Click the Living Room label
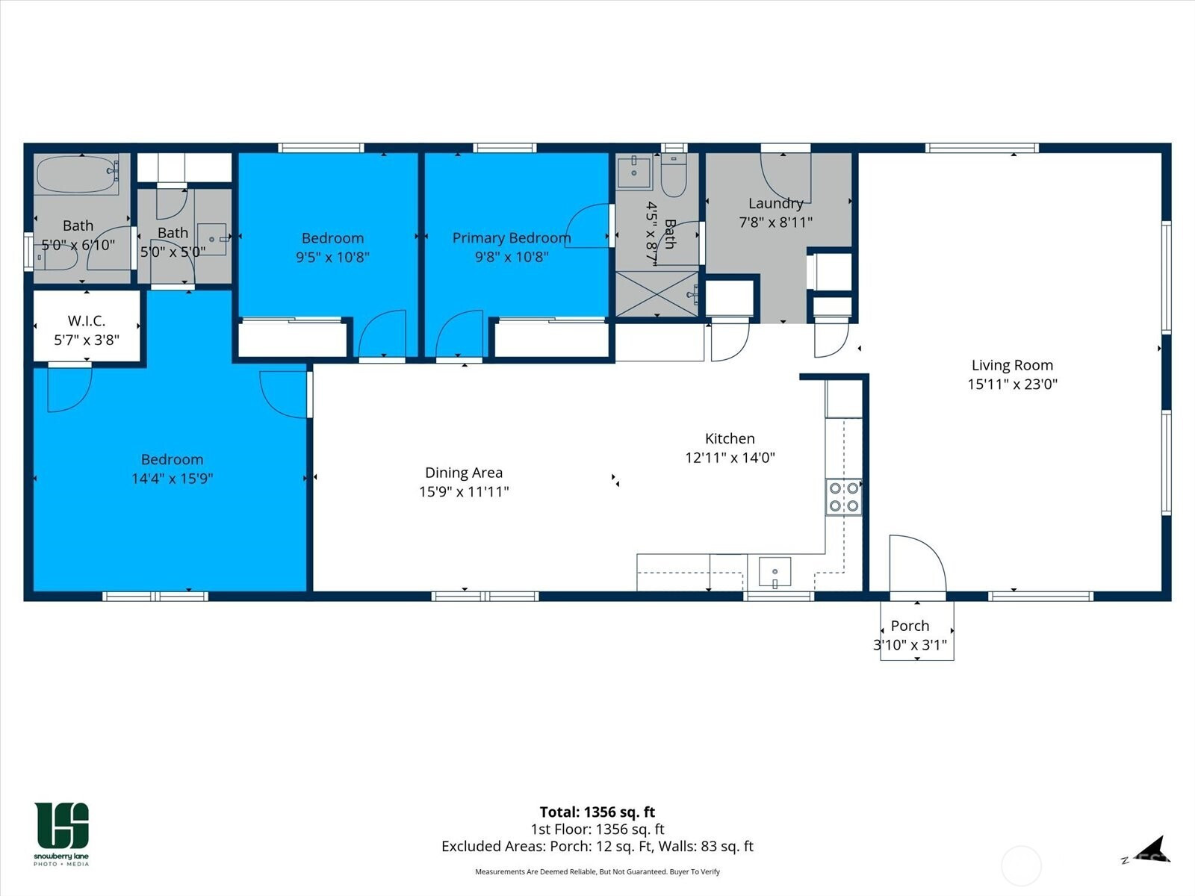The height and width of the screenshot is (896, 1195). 1012,365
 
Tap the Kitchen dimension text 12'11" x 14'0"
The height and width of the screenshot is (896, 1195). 730,458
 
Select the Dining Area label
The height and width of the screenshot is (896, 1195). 464,473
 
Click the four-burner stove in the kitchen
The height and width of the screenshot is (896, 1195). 844,497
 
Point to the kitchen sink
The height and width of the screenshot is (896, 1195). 775,572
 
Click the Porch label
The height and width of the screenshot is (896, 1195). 910,626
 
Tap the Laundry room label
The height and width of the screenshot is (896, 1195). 776,203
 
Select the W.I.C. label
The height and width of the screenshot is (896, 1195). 87,320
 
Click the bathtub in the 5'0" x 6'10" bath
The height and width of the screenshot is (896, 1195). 78,173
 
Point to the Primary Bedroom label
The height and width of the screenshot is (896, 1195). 512,237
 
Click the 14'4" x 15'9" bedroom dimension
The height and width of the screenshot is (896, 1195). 172,479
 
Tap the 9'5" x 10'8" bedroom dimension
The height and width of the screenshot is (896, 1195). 332,257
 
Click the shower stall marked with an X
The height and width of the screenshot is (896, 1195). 657,293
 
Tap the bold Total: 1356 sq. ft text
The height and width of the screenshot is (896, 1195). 597,812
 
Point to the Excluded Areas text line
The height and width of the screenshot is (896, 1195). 597,847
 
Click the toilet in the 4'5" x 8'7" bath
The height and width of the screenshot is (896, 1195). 674,175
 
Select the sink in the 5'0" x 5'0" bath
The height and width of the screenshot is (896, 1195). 212,240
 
